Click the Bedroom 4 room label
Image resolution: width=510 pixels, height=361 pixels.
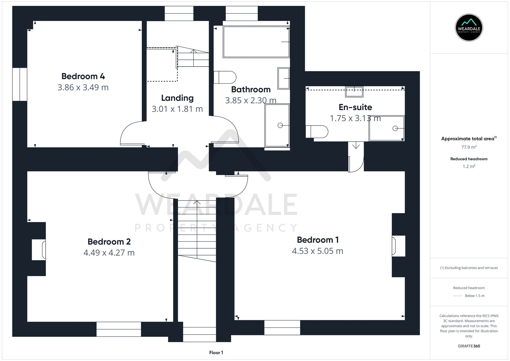[83, 76]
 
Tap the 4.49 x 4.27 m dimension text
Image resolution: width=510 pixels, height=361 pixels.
[109, 253]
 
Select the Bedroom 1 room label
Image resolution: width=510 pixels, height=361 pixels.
[318, 240]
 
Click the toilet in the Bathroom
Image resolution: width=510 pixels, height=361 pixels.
[225, 77]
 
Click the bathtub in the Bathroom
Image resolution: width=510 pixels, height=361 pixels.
[256, 42]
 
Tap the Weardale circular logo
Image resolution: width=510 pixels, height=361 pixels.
[469, 28]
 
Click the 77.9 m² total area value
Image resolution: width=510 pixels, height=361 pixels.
[469, 147]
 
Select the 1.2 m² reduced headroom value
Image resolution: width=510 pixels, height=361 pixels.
[469, 166]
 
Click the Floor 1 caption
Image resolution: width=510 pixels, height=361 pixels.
[216, 353]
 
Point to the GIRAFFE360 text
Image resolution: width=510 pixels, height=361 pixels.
[469, 346]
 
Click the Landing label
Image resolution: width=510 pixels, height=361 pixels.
[177, 98]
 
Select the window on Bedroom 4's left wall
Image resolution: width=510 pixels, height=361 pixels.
[20, 84]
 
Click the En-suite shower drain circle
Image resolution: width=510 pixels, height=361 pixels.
[395, 128]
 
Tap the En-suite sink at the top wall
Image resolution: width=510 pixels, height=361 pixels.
[354, 92]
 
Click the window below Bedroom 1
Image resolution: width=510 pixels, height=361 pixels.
[282, 328]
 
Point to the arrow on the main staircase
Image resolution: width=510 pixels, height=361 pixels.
[197, 203]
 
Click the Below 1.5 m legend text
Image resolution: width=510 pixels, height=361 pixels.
[475, 296]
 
